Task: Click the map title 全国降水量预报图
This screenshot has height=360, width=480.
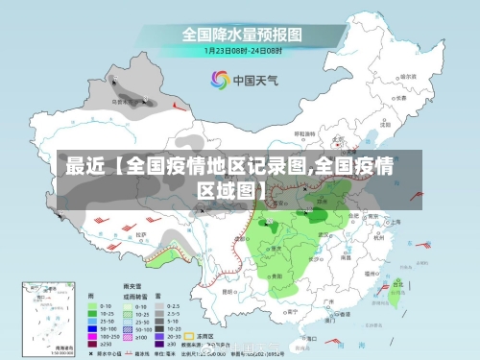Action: [241, 34]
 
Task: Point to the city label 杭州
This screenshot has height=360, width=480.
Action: [381, 234]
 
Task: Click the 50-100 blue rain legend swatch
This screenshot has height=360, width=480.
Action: [93, 324]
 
